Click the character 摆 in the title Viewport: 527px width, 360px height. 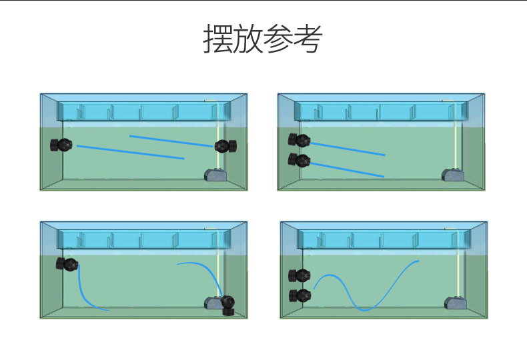coord(217,39)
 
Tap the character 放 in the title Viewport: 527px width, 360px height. coord(247,39)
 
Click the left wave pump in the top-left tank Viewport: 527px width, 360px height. coord(61,145)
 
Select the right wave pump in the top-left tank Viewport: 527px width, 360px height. coord(225,146)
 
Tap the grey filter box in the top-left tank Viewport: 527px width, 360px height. coord(214,175)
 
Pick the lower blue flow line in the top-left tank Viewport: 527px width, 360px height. coord(130,152)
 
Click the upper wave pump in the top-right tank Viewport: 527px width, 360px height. coord(299,140)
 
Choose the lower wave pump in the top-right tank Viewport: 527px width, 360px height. coord(299,160)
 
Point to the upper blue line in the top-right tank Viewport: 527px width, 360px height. coord(348,149)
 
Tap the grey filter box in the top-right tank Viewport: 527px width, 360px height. coord(452,175)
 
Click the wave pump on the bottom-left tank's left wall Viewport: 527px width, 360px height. coord(67,264)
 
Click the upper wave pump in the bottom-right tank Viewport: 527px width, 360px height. coord(300,275)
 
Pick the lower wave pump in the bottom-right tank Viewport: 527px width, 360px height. coord(300,295)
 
